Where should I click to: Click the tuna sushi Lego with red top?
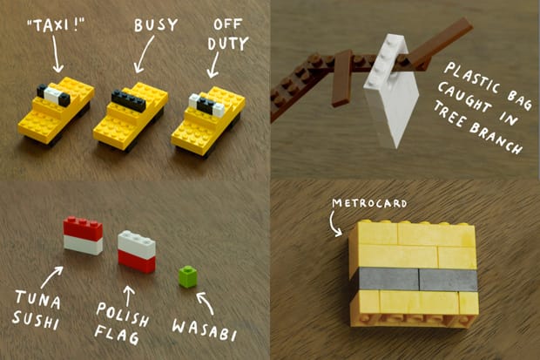(x=83, y=236)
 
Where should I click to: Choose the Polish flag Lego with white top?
(x=137, y=251)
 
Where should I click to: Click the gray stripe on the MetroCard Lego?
(x=417, y=279)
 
